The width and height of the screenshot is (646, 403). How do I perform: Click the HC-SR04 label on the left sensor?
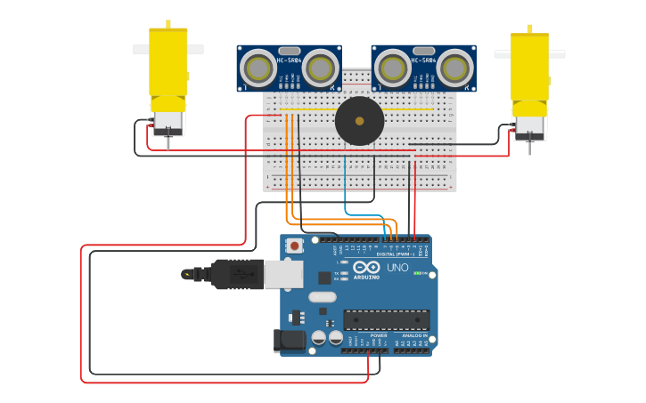click(x=288, y=60)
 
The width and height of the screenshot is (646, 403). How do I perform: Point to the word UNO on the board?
click(x=397, y=268)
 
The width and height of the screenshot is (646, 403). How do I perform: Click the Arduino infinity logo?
click(x=366, y=267)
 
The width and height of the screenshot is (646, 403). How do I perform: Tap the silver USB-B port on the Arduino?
click(x=283, y=274)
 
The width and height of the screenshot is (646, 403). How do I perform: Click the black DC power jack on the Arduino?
click(x=289, y=340)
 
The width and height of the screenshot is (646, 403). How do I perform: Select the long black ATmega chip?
click(x=387, y=319)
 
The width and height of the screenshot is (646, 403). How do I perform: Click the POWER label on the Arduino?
click(x=366, y=335)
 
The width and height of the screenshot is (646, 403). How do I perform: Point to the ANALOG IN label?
click(x=414, y=335)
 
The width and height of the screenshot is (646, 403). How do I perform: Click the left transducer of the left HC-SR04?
click(x=258, y=68)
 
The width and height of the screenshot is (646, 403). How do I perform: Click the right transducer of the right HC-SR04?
click(x=454, y=68)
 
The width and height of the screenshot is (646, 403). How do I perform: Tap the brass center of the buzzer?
click(x=359, y=121)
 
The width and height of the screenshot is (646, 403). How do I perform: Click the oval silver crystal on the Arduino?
click(x=323, y=297)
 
